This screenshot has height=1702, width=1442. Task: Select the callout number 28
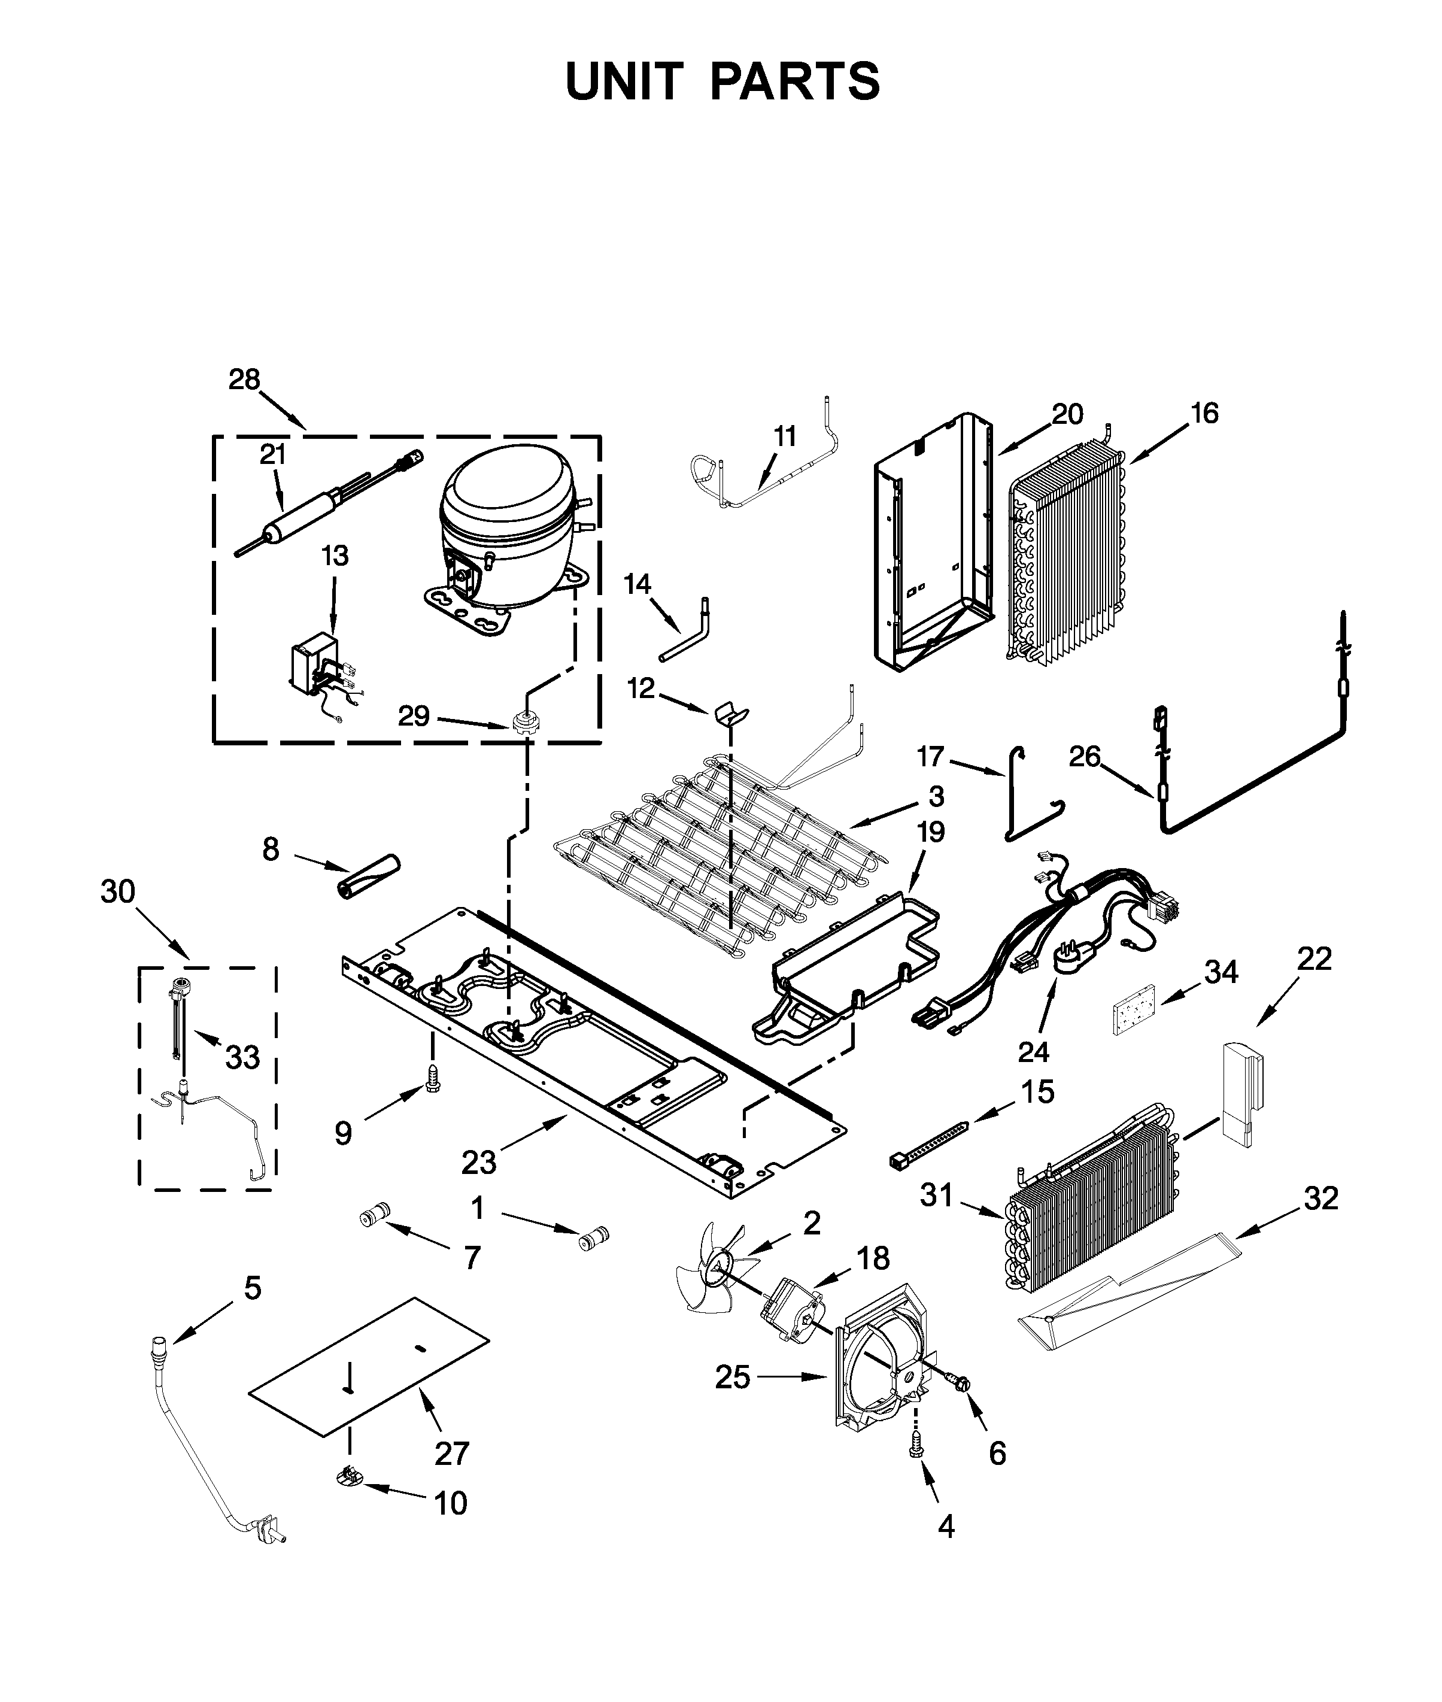(244, 380)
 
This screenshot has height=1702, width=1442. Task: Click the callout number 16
(1205, 414)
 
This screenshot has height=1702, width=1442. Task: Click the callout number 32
(1321, 1199)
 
